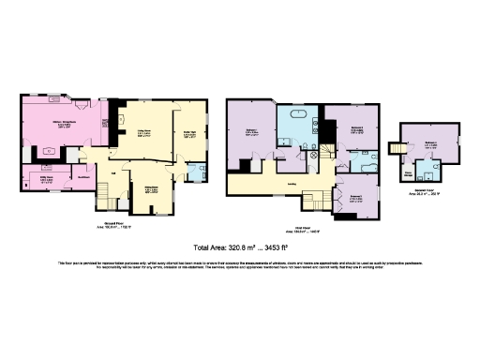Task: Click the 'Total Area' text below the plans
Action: click(214, 248)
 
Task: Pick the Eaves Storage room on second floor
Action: click(409, 172)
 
